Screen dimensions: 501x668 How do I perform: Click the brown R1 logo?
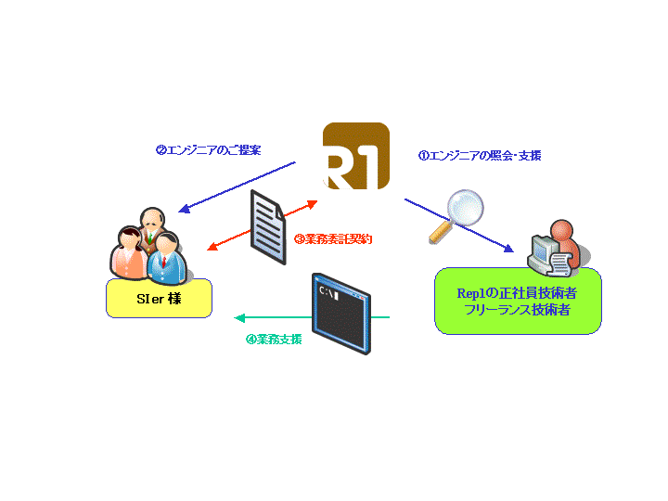(x=355, y=157)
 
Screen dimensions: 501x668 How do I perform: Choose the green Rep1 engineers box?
(x=518, y=301)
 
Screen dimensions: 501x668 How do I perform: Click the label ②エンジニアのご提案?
(x=208, y=149)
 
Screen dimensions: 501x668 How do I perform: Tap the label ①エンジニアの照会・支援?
(x=480, y=156)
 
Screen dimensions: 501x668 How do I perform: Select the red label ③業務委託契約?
(x=333, y=238)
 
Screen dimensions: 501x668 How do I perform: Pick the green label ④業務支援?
(x=274, y=339)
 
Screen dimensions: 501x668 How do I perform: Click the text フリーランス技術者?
(x=518, y=310)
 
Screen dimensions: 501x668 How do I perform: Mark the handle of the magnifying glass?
(x=438, y=232)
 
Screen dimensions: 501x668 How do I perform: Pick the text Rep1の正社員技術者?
(x=518, y=292)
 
